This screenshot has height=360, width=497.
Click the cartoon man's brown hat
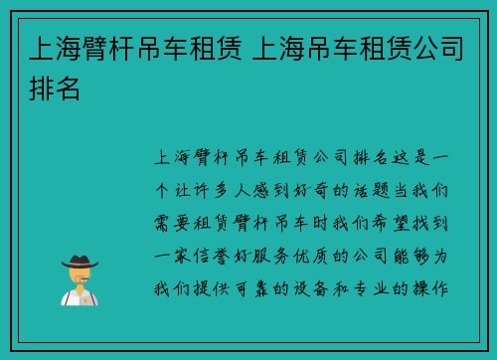[x=80, y=261]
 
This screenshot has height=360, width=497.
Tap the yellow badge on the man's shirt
[x=87, y=296]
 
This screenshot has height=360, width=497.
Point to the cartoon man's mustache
[x=80, y=281]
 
